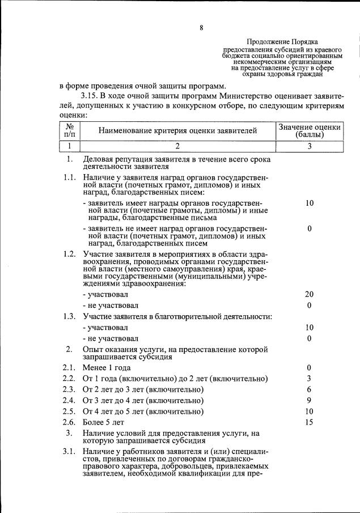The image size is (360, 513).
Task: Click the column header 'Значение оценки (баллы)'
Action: coord(309,131)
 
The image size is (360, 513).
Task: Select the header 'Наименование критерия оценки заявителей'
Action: coord(177,131)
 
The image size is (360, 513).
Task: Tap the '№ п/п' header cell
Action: coord(70,131)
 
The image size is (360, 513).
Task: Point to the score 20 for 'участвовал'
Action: coord(309,294)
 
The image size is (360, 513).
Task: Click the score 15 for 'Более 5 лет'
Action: coord(309,422)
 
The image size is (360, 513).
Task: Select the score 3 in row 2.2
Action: coord(309,379)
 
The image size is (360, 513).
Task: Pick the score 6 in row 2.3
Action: coord(309,389)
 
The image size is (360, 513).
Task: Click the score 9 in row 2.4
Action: coord(309,400)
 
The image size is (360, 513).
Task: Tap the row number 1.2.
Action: coord(70,253)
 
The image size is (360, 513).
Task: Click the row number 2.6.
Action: coord(70,422)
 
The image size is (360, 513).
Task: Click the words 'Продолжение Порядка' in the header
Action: coord(282,42)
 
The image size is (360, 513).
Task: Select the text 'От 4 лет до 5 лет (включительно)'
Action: coord(143,412)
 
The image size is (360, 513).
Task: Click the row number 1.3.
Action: coord(70,316)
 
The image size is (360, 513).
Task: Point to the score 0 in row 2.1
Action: coord(309,368)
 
